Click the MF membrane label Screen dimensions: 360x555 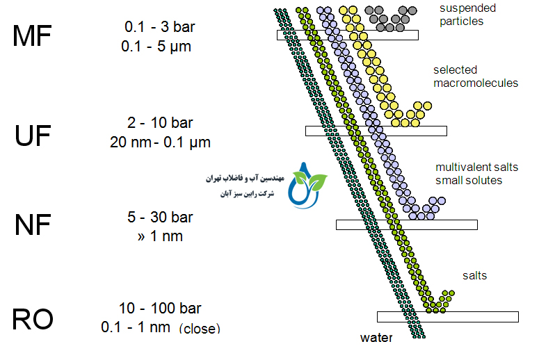32,36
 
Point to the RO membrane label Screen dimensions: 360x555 33,320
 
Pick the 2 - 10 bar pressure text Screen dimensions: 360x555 160,123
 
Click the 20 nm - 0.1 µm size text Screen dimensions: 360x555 160,142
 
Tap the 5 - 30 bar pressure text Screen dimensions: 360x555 160,218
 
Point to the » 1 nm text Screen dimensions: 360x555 161,236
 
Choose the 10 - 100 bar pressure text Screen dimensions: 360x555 160,308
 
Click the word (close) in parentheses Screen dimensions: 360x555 199,328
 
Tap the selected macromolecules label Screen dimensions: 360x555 475,76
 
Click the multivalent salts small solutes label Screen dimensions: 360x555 476,174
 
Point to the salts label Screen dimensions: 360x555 474,276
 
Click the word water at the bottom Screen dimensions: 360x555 376,338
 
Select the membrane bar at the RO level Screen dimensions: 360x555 447,317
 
